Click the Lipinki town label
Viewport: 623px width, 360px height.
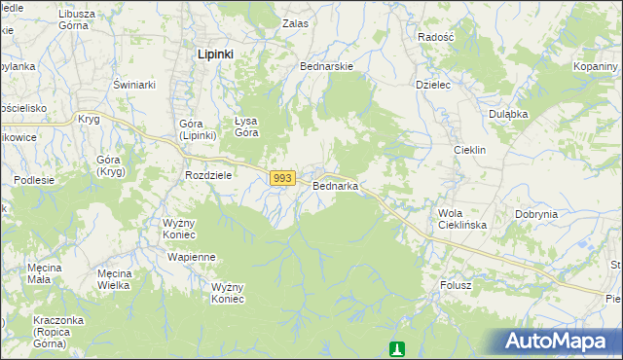215,54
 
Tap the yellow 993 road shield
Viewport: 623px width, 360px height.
282,178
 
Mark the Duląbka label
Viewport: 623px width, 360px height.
508,113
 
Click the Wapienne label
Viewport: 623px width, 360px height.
191,257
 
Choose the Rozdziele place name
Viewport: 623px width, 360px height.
207,175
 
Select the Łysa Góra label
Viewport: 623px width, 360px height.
247,126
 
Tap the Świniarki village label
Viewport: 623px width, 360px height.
134,85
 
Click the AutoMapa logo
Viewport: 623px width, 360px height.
559,341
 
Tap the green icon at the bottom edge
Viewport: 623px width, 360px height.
396,348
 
